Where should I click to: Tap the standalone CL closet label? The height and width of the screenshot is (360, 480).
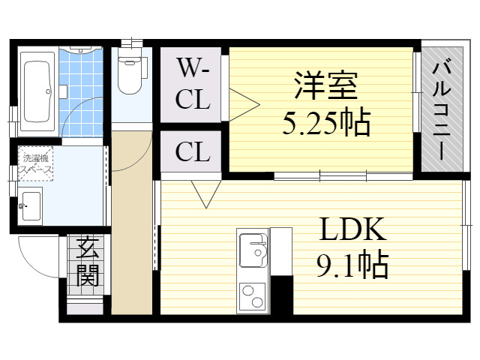pos(193,151)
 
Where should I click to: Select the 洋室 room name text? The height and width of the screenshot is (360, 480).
pos(325,85)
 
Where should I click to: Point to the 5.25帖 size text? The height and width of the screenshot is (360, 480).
pos(326,122)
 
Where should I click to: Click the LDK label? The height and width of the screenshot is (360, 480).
pos(352,229)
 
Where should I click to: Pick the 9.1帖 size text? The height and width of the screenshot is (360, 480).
pos(352,264)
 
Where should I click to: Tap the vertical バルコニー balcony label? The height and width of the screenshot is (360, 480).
pos(442,111)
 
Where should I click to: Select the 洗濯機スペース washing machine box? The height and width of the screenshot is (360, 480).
pos(36,163)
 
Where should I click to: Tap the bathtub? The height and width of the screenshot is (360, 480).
pos(37,92)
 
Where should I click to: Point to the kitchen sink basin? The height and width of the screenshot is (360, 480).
pos(253,250)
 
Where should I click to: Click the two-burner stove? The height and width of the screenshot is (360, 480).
pos(252,296)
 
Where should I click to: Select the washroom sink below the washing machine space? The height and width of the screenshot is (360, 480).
pos(31,205)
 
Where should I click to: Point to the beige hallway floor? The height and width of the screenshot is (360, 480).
pos(132,222)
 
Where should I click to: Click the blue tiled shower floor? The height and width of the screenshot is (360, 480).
pos(81,91)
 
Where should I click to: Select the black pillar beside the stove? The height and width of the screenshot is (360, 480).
pos(282,295)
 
